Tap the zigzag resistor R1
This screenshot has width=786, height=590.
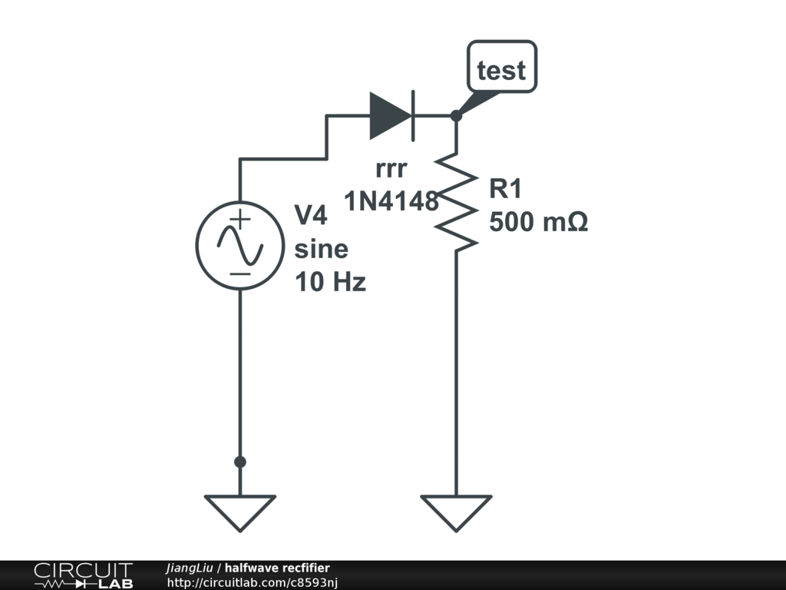click(456, 201)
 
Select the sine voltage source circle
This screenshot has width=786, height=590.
click(239, 245)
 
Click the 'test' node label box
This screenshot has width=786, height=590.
click(502, 70)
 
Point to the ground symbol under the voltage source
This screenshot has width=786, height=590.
click(239, 512)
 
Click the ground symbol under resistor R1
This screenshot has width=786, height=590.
click(456, 512)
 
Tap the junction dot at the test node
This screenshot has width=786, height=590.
click(456, 116)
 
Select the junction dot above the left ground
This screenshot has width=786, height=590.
click(239, 462)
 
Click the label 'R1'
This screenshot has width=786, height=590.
click(505, 189)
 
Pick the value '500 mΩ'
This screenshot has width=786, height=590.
click(538, 222)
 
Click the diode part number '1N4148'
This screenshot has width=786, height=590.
click(391, 201)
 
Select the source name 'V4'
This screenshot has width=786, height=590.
click(311, 216)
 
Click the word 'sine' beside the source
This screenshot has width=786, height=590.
click(321, 249)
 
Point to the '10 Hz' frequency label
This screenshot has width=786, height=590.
click(330, 282)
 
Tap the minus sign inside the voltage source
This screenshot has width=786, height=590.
click(240, 273)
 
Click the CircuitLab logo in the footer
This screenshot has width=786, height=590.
click(83, 575)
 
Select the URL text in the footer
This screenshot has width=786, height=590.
click(253, 582)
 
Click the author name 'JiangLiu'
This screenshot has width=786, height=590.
click(189, 568)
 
